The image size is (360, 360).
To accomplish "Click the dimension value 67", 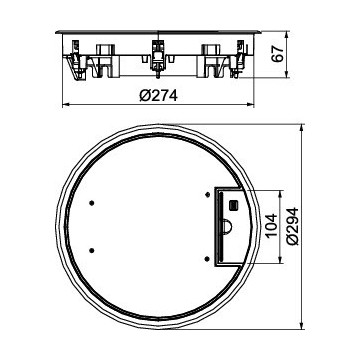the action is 278,53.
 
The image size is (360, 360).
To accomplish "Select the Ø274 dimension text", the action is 159,96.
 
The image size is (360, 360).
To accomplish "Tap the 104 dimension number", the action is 271,225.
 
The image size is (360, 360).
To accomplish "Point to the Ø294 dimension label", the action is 292,226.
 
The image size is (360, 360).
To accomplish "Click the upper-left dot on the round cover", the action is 92,203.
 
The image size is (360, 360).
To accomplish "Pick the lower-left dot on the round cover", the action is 92,250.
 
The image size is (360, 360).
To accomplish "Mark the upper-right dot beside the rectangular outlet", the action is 207,195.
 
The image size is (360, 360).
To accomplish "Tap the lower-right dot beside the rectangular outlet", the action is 207,259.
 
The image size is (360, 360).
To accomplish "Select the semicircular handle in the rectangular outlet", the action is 227,226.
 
